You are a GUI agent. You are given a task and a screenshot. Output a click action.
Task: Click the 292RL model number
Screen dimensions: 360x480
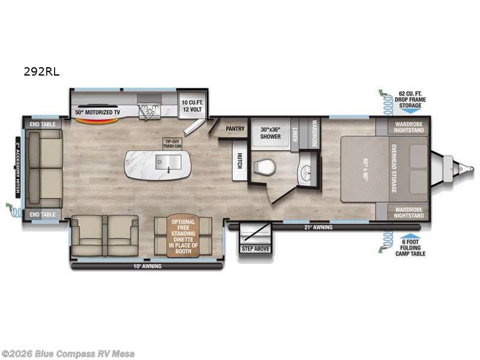click(42, 71)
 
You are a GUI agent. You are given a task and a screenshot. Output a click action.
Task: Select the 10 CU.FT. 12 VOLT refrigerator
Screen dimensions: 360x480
click(193, 107)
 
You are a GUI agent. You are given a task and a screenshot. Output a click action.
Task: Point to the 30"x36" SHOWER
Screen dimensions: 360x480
click(271, 132)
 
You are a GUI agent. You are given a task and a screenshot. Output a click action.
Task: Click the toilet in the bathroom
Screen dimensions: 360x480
click(264, 166)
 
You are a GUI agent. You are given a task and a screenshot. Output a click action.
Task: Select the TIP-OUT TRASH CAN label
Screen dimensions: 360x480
click(172, 143)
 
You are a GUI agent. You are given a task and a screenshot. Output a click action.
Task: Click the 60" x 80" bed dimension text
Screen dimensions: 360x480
click(364, 169)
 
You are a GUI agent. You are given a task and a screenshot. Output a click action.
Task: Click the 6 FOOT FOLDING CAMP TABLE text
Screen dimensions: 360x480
click(411, 250)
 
